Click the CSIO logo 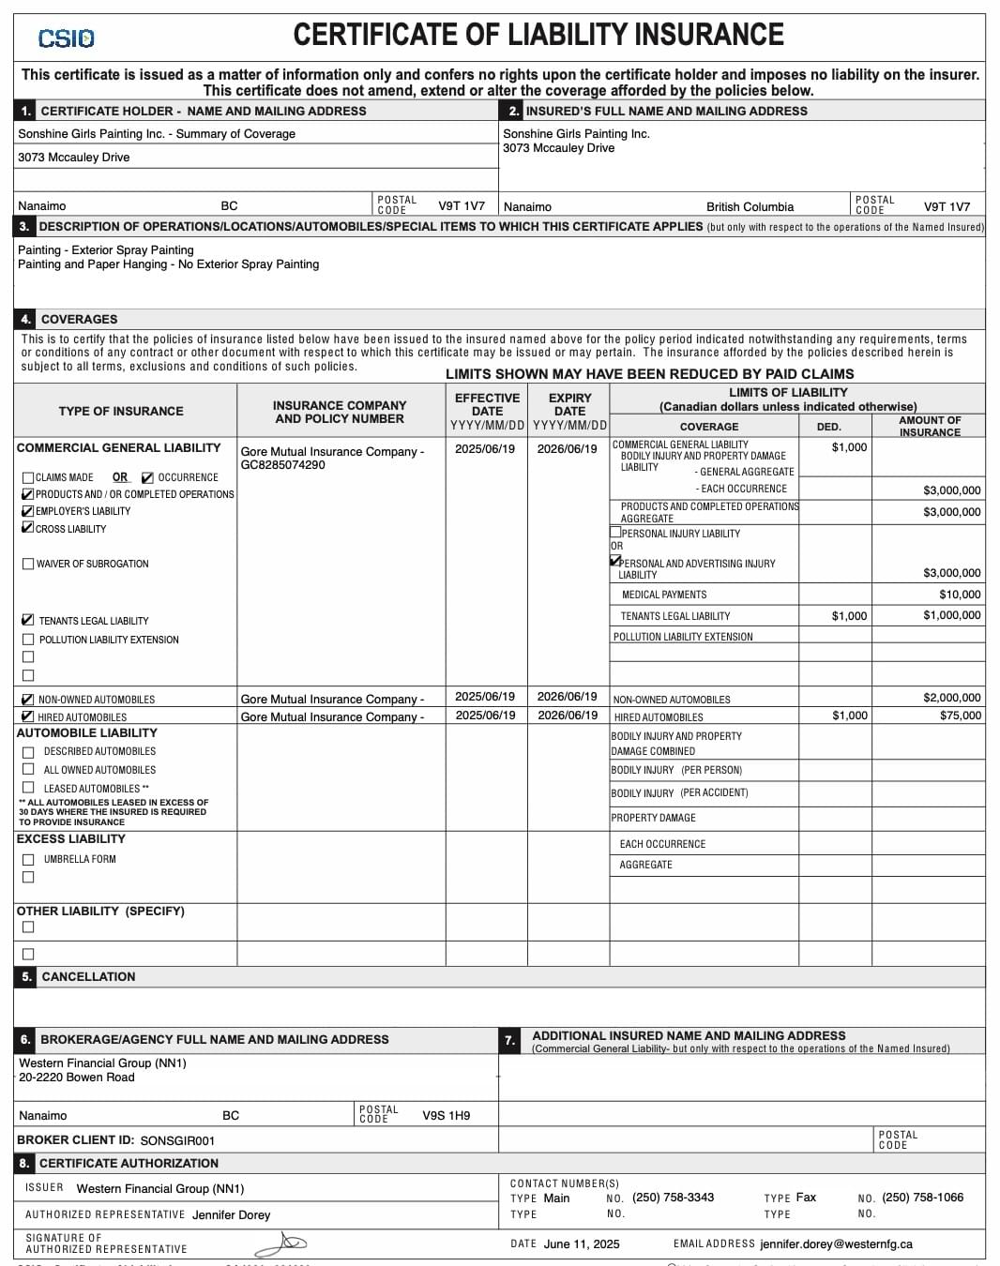pos(66,38)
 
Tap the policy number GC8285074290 pos(282,465)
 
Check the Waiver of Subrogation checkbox pos(28,564)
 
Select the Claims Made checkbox pos(28,477)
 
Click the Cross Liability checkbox pos(28,528)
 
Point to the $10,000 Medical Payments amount pos(960,595)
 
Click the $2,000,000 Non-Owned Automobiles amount pos(951,698)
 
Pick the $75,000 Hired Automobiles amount pos(961,716)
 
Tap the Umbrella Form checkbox pos(28,859)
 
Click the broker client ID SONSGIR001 pos(177,1141)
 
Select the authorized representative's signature pos(280,1244)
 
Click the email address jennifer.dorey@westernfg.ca pos(836,1244)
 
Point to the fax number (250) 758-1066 pos(922,1198)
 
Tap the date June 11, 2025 pos(582,1244)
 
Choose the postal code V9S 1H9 pos(446,1116)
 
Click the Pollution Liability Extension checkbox pos(28,640)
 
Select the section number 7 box pos(509,1040)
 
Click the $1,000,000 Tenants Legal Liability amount pos(951,615)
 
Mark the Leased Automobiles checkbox pos(28,788)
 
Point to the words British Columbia pos(750,207)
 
